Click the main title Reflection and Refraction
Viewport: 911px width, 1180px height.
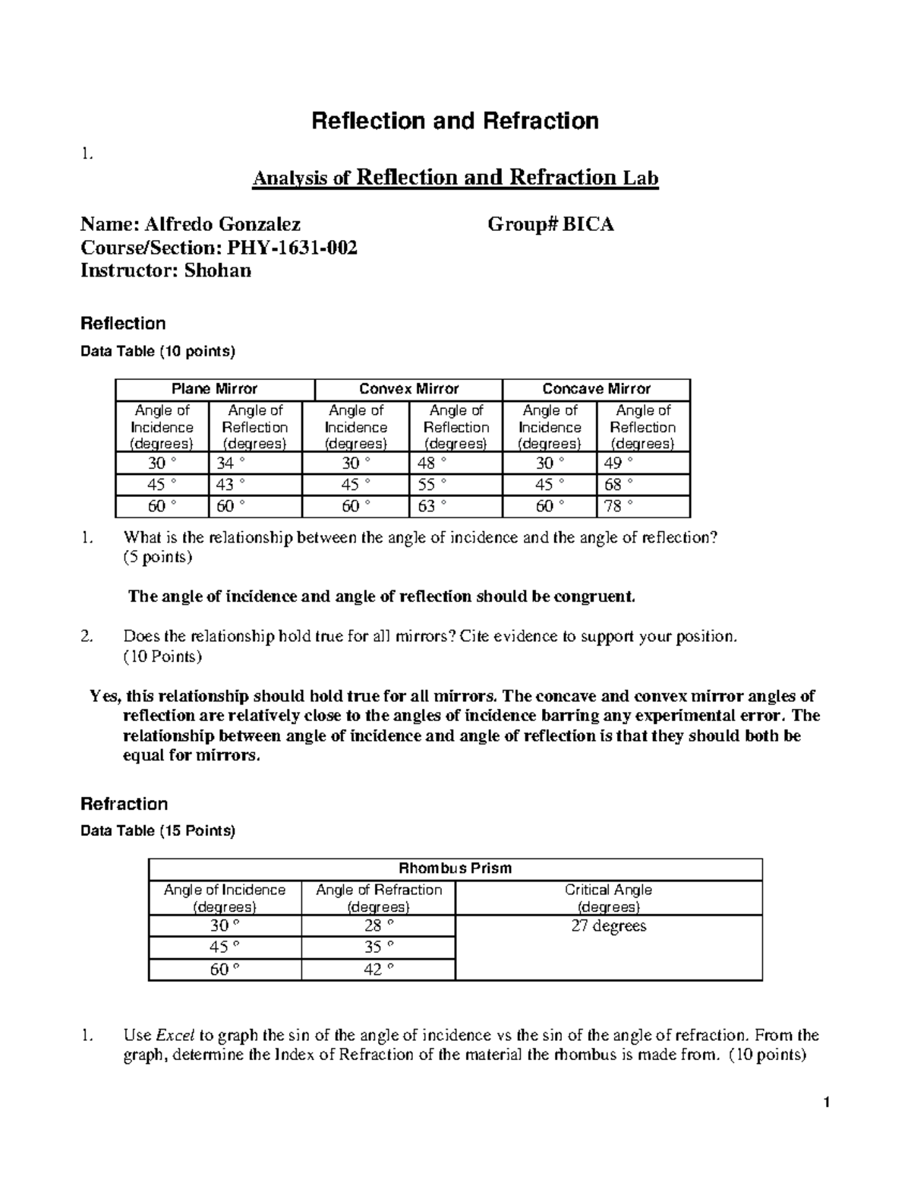tap(455, 121)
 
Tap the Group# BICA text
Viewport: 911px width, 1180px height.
tap(550, 224)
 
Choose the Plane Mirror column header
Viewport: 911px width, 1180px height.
tap(214, 389)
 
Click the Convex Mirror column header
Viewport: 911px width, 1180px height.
tap(408, 389)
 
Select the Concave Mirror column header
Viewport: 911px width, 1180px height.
tap(596, 389)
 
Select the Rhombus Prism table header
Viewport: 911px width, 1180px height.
tap(455, 868)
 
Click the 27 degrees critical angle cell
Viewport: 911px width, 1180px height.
tap(608, 926)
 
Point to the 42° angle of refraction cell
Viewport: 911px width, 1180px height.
tap(378, 970)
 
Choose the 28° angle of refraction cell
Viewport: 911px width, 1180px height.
tap(378, 926)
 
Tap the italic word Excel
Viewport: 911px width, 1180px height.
tap(175, 1035)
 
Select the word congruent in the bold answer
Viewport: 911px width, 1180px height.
tap(593, 596)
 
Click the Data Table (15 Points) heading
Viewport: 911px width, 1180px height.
tap(158, 831)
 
